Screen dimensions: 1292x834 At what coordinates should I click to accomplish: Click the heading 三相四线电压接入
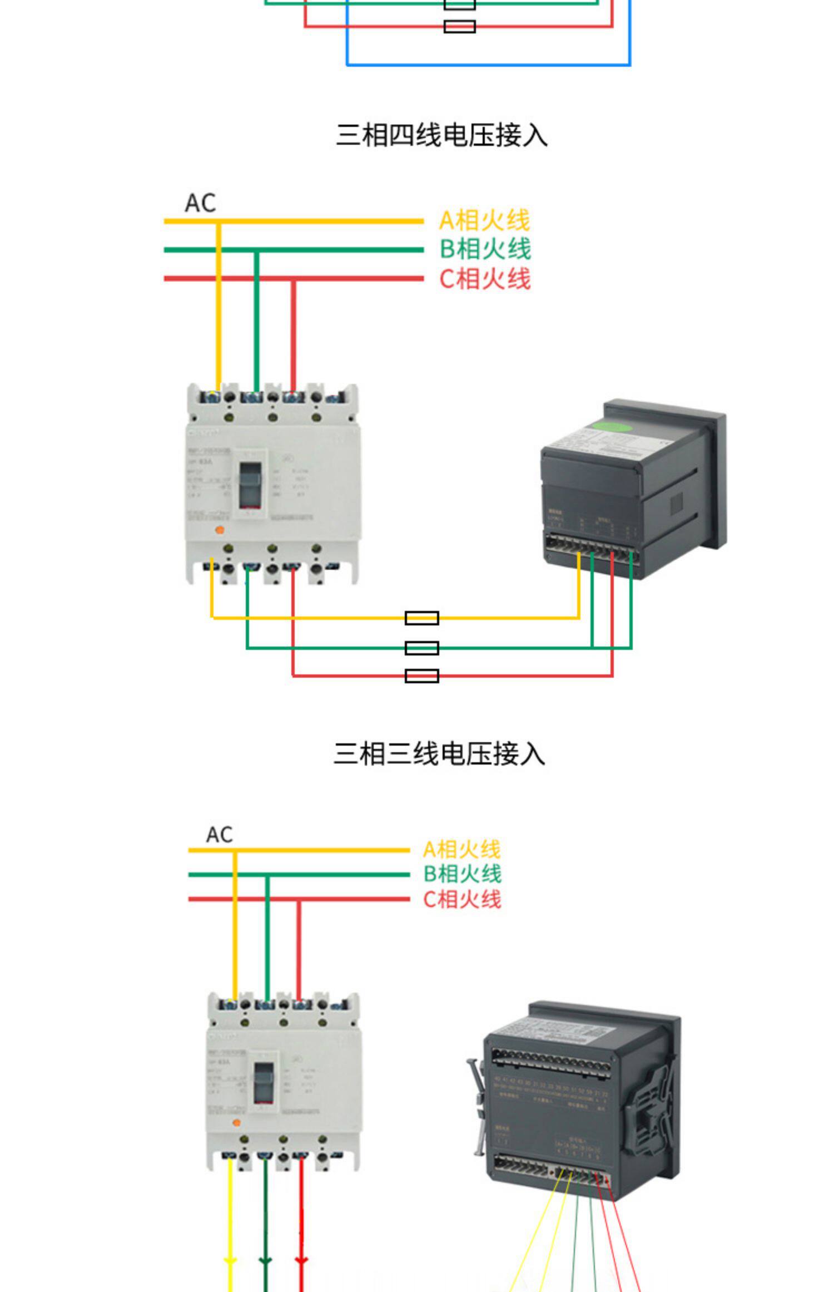(x=441, y=136)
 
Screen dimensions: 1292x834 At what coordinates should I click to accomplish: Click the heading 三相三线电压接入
(x=439, y=754)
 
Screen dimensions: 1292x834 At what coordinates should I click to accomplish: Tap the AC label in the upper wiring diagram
(x=200, y=203)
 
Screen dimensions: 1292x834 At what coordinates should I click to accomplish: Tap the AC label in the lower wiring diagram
(x=219, y=835)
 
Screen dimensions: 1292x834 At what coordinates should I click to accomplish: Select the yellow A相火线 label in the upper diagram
(x=484, y=220)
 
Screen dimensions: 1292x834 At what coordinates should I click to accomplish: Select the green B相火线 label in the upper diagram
(x=485, y=249)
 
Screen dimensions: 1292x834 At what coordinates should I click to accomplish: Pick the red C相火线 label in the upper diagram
(x=485, y=279)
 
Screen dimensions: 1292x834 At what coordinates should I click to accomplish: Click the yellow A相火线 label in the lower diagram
(x=461, y=850)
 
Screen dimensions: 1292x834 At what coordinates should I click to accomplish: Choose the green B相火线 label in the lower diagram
(x=462, y=874)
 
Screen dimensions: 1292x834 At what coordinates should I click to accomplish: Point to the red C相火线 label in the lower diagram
(x=462, y=899)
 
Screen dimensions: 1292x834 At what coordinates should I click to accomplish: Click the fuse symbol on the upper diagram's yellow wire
(x=421, y=618)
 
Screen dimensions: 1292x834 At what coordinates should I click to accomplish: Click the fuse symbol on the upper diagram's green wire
(x=421, y=648)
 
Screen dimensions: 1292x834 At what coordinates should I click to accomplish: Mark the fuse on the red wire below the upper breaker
(x=421, y=675)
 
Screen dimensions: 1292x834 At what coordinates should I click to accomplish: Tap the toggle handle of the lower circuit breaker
(x=264, y=1082)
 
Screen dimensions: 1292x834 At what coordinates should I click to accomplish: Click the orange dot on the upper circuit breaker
(x=219, y=530)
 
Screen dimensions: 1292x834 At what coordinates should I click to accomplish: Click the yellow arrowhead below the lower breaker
(x=230, y=1259)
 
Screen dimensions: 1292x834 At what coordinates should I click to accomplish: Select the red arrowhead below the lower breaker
(x=301, y=1259)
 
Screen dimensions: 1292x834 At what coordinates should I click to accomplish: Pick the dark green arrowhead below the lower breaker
(x=265, y=1259)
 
